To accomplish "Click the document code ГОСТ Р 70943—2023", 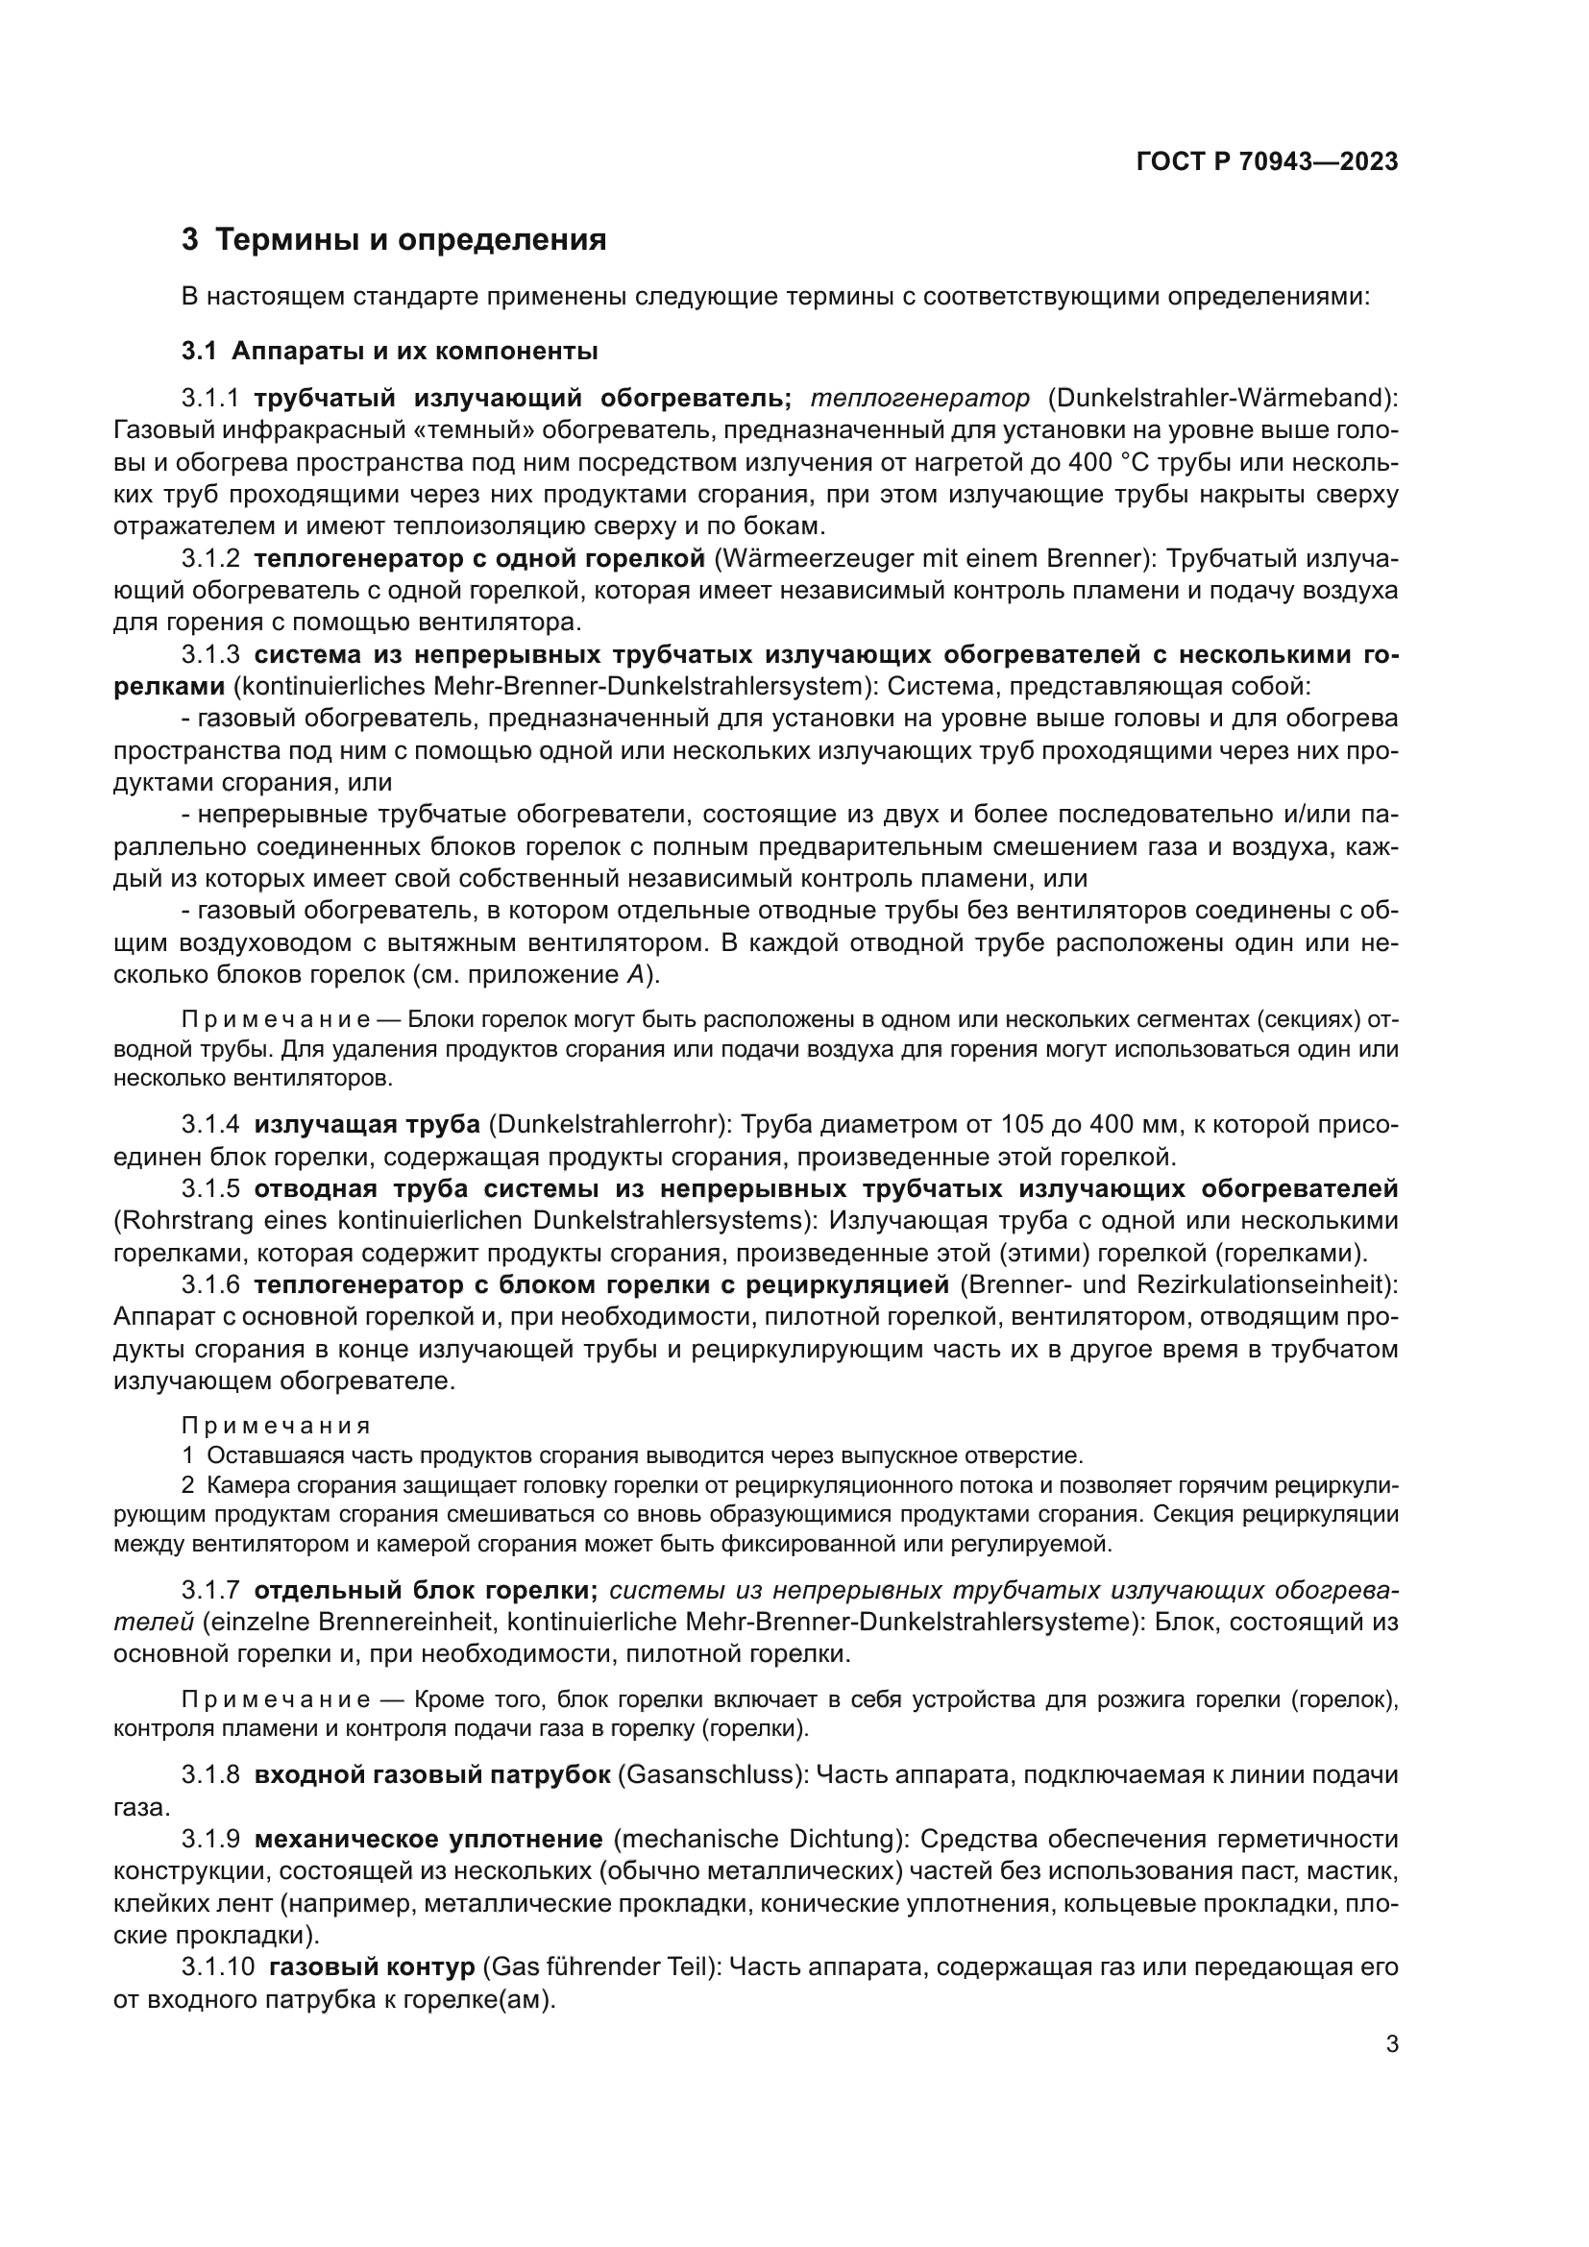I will click(1266, 162).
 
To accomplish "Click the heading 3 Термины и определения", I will click(394, 240).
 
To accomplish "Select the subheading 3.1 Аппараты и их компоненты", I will click(389, 351).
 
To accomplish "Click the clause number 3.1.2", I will click(210, 559).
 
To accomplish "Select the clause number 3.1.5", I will click(210, 1189).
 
